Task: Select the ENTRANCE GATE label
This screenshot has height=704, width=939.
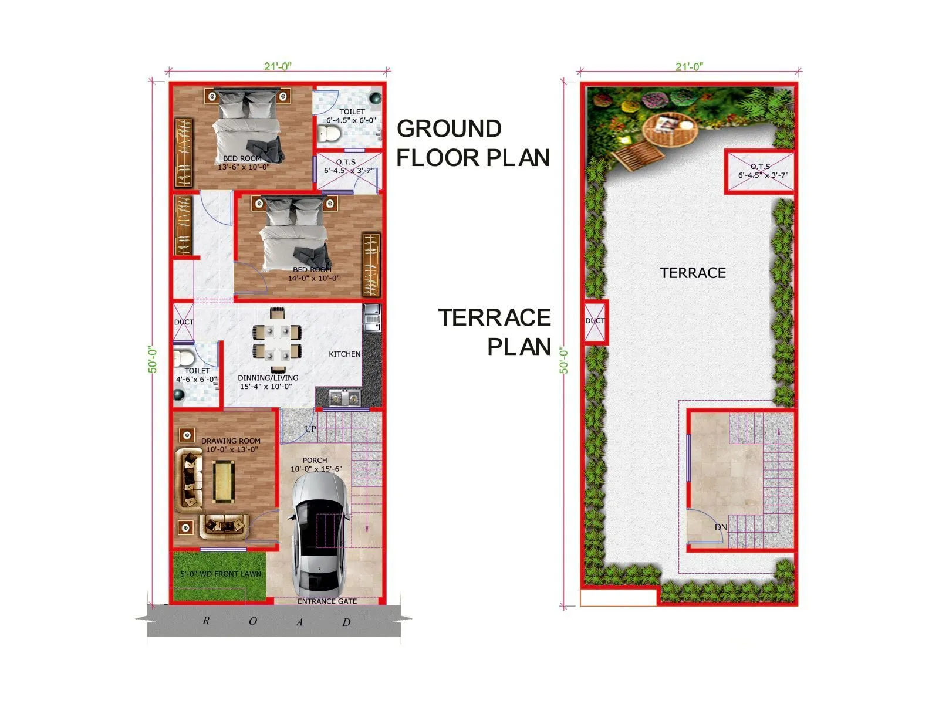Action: click(x=327, y=601)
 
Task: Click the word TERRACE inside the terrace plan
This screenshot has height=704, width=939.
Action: click(x=693, y=273)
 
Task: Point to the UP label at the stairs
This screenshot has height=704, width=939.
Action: click(x=310, y=429)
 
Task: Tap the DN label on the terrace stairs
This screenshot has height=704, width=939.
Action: click(x=721, y=527)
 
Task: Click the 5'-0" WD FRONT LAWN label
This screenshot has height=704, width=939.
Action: click(x=221, y=574)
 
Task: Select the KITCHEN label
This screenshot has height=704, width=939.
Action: click(x=344, y=354)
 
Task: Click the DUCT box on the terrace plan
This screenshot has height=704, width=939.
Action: click(x=595, y=321)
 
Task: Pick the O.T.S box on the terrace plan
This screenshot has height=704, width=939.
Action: click(x=760, y=171)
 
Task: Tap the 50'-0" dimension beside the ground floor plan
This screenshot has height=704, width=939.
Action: click(x=153, y=359)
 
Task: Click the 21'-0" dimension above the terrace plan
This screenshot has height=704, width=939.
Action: click(x=689, y=66)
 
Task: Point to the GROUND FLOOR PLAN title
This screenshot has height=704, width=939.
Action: click(x=473, y=143)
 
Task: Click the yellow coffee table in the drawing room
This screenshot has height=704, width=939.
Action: click(x=224, y=482)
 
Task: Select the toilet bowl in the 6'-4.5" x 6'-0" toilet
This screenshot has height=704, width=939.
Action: click(x=329, y=133)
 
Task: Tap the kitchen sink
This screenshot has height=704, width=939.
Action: click(x=344, y=399)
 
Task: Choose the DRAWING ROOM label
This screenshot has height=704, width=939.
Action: click(x=231, y=441)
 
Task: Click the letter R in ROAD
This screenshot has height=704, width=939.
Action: click(x=205, y=620)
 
